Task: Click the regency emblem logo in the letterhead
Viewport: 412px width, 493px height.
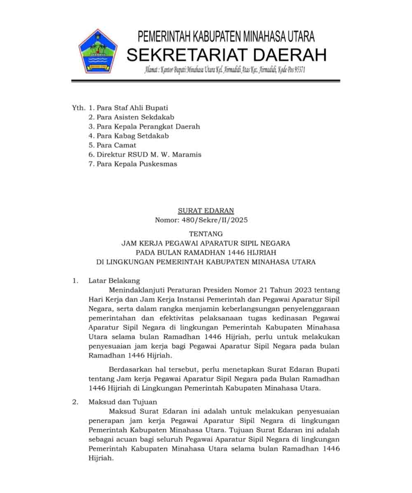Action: (x=98, y=51)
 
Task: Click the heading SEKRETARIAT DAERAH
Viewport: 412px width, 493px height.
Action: (x=226, y=54)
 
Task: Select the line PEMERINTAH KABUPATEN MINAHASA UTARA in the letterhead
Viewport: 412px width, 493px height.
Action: (x=226, y=37)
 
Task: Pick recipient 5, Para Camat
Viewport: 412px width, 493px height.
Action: (x=116, y=145)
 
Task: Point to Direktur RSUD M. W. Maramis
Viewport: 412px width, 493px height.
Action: (x=149, y=155)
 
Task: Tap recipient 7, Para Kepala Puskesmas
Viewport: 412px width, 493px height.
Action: (x=137, y=164)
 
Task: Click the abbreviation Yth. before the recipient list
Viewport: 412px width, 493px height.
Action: (x=78, y=108)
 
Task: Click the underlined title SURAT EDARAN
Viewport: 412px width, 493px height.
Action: (x=206, y=211)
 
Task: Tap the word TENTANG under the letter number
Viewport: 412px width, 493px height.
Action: (x=206, y=234)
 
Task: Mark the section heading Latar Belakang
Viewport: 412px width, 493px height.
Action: (x=114, y=281)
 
